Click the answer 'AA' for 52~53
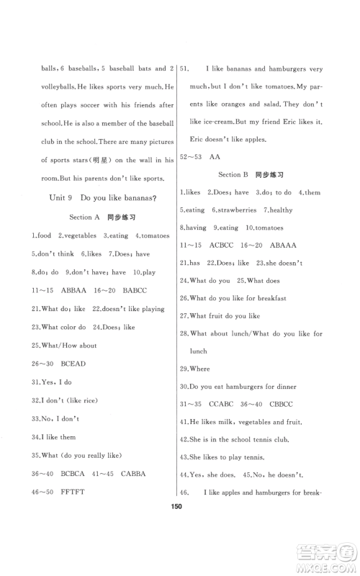click(x=215, y=156)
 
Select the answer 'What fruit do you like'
click(x=225, y=315)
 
